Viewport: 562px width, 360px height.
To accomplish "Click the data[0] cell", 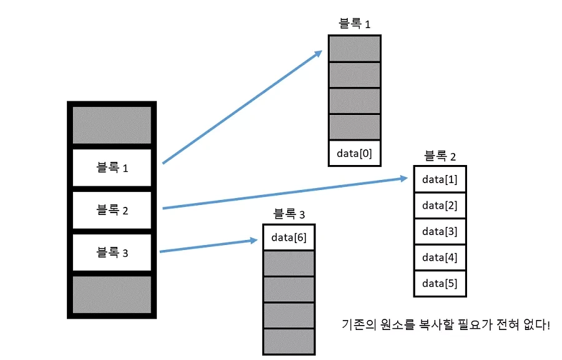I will [x=354, y=153].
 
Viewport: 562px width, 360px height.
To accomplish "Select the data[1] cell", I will [x=440, y=179].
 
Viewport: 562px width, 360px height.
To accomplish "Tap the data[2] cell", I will [x=440, y=205].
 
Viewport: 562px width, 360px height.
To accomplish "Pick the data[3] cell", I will [x=440, y=231].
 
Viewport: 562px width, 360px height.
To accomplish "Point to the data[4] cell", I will [x=440, y=257].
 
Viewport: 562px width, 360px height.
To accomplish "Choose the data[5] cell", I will [x=440, y=283].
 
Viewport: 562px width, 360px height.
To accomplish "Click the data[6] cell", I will [x=289, y=237].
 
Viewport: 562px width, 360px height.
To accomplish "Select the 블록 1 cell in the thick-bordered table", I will [x=112, y=167].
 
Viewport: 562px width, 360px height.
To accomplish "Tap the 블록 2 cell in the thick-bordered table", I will [x=112, y=210].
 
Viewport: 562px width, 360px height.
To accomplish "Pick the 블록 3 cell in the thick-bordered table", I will [x=112, y=252].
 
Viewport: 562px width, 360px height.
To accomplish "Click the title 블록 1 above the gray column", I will [x=354, y=24].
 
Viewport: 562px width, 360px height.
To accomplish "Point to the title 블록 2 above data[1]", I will [x=440, y=156].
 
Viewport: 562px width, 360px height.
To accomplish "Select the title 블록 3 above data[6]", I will [x=289, y=214].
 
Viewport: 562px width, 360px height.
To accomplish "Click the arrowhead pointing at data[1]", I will [x=403, y=179].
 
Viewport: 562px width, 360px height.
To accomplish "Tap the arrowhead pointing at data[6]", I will [x=255, y=239].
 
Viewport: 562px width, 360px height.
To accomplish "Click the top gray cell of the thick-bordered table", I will [x=112, y=125].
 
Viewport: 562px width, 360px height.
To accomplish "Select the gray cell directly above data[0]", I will [x=354, y=127].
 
